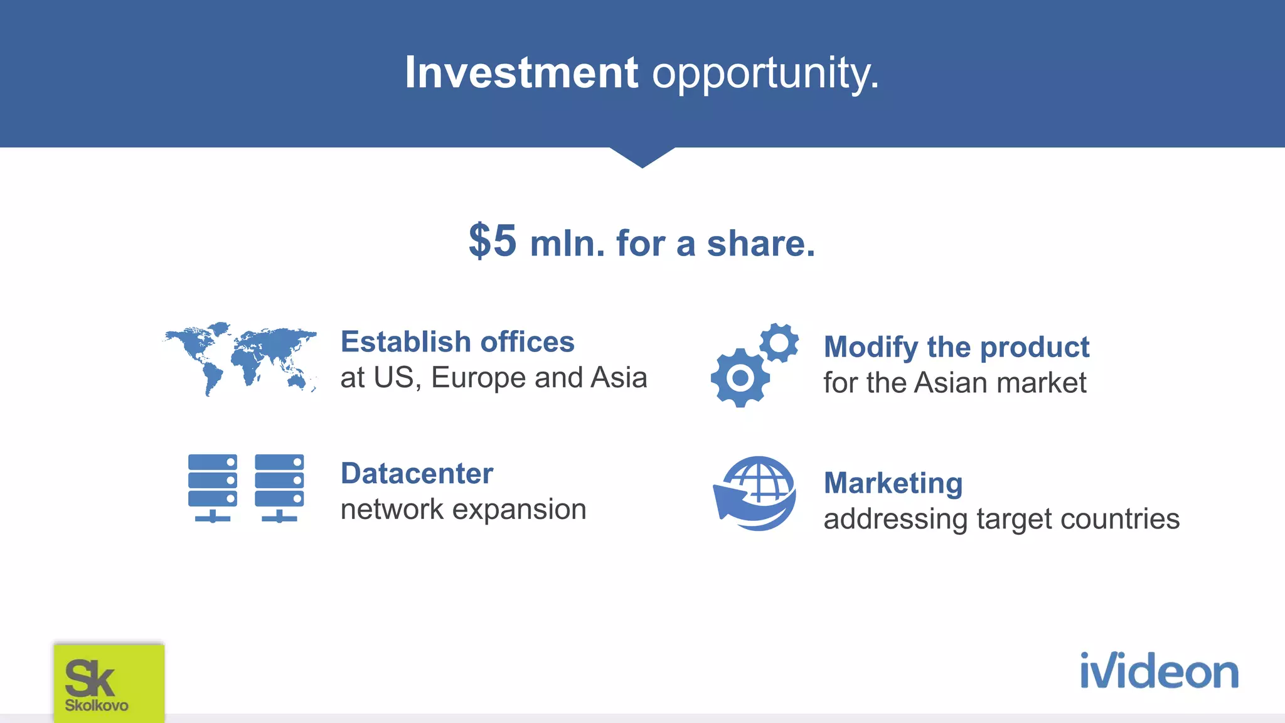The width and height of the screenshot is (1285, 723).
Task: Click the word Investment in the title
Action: point(521,73)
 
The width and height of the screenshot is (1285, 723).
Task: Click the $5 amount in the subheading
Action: point(493,241)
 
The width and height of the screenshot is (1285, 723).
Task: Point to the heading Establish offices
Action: point(457,342)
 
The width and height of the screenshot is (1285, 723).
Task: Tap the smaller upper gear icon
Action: point(779,343)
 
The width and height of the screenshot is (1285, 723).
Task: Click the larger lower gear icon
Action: point(740,378)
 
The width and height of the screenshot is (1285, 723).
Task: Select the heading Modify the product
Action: point(956,347)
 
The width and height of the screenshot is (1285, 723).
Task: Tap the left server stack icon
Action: point(213,488)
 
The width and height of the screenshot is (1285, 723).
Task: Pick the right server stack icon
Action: point(279,488)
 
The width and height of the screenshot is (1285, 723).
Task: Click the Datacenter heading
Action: point(417,473)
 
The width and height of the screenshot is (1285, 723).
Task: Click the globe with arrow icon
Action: point(755,493)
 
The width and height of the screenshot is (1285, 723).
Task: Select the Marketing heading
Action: point(892,483)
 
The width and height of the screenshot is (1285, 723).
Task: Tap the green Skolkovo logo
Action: point(109,683)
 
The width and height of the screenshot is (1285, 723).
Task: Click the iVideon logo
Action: point(1158,671)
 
